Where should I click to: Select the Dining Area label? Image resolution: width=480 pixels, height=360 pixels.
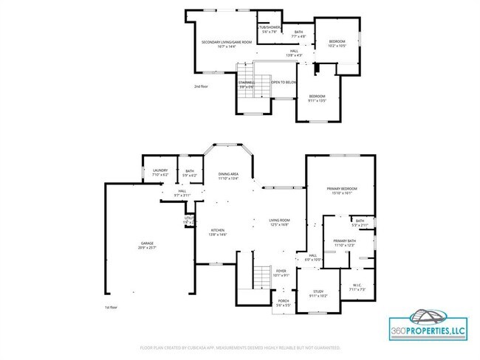[228, 176]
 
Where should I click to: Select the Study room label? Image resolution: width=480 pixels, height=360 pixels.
[318, 294]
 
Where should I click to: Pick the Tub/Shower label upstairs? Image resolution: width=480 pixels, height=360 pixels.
[267, 30]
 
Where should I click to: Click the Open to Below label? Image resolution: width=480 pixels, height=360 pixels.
[284, 83]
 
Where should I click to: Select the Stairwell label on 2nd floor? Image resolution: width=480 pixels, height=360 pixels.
[246, 84]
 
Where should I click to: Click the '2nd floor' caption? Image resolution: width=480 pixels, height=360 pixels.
[200, 87]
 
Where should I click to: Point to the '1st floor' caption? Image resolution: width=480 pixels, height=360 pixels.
[112, 306]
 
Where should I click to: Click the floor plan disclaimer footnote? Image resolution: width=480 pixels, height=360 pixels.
[240, 347]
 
